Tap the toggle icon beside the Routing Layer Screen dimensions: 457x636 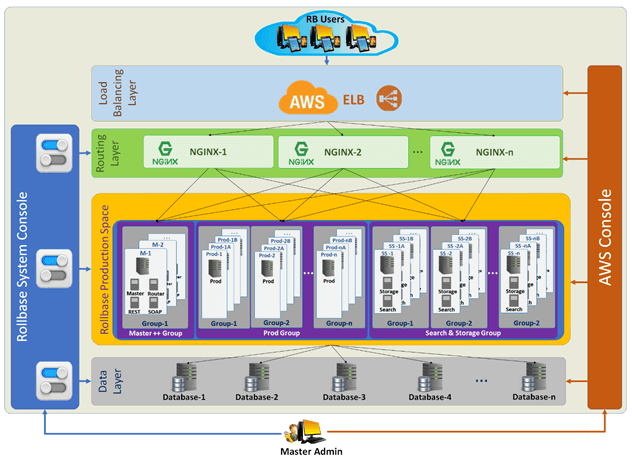pyautogui.click(x=51, y=150)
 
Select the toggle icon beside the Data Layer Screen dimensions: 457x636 pyautogui.click(x=51, y=380)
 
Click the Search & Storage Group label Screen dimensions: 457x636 pyautogui.click(x=464, y=332)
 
